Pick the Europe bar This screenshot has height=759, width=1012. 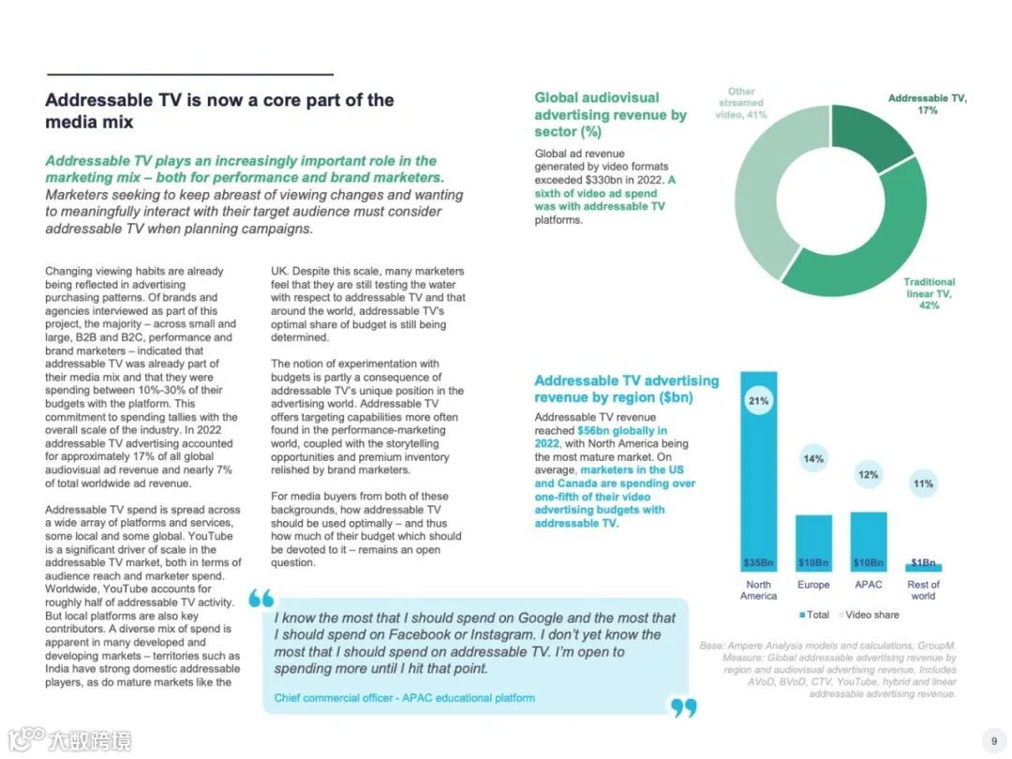[x=813, y=543]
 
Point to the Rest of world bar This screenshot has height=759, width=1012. [x=923, y=567]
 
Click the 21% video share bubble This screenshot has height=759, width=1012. [x=758, y=401]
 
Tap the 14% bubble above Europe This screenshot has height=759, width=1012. [x=813, y=458]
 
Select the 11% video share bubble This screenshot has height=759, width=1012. [x=923, y=484]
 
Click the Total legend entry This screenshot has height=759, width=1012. [x=815, y=615]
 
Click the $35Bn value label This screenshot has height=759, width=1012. [x=758, y=562]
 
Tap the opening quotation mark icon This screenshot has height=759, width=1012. [x=262, y=598]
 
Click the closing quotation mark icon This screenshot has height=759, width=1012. [x=684, y=707]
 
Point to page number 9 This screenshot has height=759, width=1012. [x=993, y=740]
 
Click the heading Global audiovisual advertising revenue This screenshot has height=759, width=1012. [x=610, y=114]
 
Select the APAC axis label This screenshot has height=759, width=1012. [x=869, y=585]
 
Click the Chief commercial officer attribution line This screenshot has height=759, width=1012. [x=405, y=698]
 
